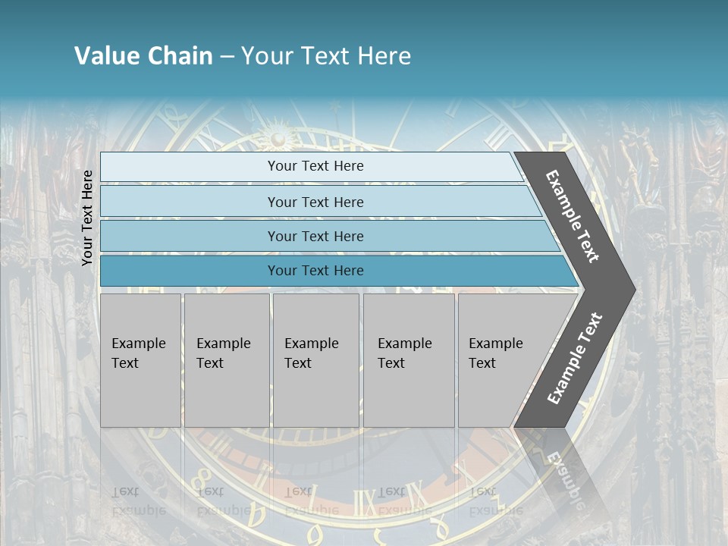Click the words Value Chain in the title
point(143,56)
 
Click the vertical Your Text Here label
point(87,218)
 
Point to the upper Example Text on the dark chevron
point(573,216)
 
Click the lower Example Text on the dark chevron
point(575,358)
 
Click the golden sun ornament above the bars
point(278,137)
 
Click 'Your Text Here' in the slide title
point(326,56)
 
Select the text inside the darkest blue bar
point(315,271)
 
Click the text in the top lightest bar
point(315,166)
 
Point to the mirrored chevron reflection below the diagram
point(565,470)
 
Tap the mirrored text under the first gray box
point(138,500)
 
